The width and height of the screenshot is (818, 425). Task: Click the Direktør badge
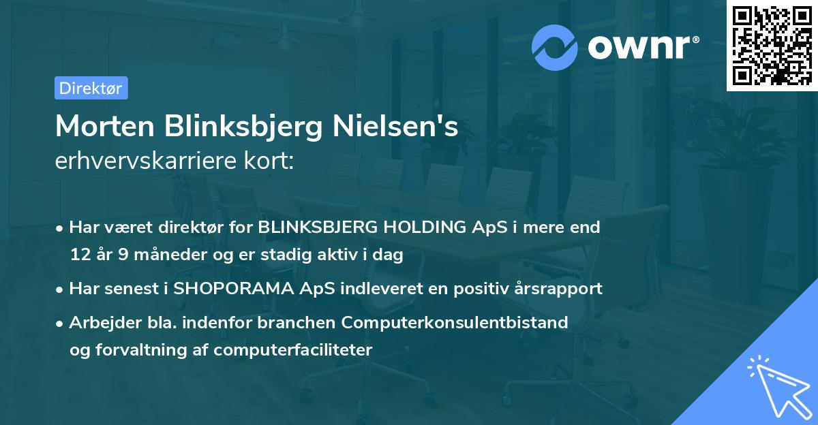pos(91,88)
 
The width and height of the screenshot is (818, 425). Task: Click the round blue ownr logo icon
pos(555,47)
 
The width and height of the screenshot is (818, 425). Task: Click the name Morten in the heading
pos(102,127)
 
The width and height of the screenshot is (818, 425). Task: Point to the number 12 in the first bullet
pos(79,255)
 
